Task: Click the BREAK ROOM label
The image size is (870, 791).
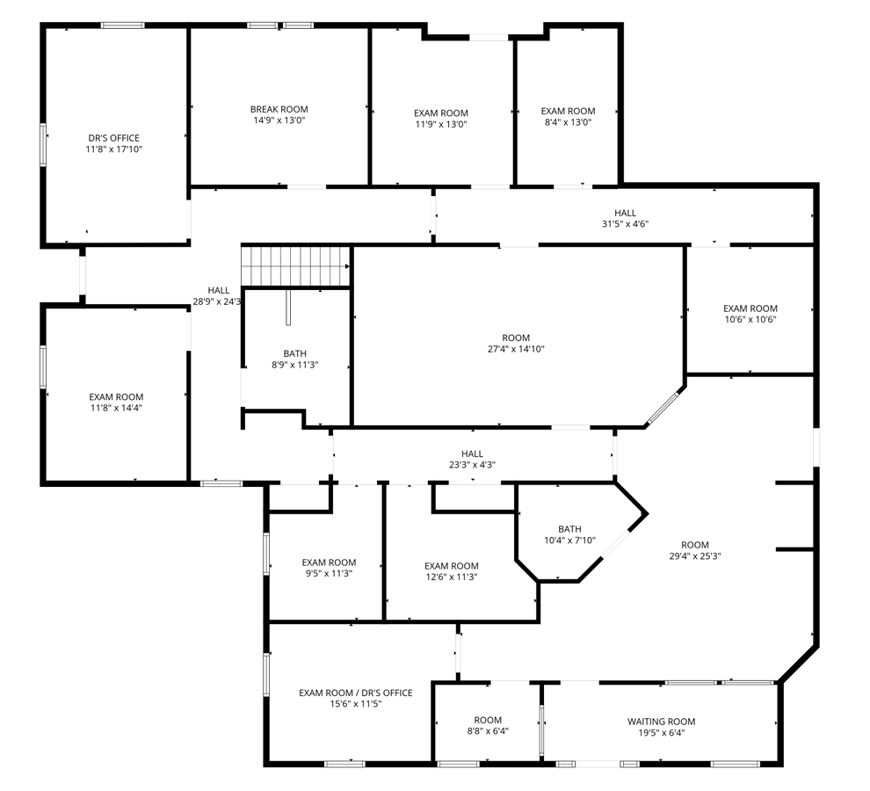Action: [279, 109]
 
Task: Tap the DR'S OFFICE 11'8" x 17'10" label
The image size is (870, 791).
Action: [114, 143]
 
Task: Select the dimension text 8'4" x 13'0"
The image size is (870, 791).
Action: [569, 122]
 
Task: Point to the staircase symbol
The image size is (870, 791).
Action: [296, 266]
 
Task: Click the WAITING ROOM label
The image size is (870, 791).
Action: [662, 722]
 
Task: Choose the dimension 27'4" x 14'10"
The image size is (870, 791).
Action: [516, 349]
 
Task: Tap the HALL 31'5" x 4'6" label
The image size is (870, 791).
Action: [626, 218]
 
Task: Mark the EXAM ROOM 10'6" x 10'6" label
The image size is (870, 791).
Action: [750, 314]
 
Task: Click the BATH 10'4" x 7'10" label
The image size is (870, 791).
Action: [569, 534]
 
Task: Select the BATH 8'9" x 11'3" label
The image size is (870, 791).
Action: [294, 359]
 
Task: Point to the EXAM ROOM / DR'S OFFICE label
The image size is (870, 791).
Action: [356, 693]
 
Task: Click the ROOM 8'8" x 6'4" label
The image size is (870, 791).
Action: [488, 725]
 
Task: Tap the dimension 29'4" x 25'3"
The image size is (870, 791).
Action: [694, 556]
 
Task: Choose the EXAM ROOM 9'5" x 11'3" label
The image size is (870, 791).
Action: [329, 568]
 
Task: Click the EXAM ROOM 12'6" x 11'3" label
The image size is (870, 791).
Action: [451, 571]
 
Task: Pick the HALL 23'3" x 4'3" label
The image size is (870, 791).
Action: [472, 459]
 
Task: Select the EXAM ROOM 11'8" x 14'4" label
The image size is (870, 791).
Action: [116, 403]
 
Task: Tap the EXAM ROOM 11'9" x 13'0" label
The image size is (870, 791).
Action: [441, 119]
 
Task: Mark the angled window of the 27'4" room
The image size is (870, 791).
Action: [664, 409]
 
